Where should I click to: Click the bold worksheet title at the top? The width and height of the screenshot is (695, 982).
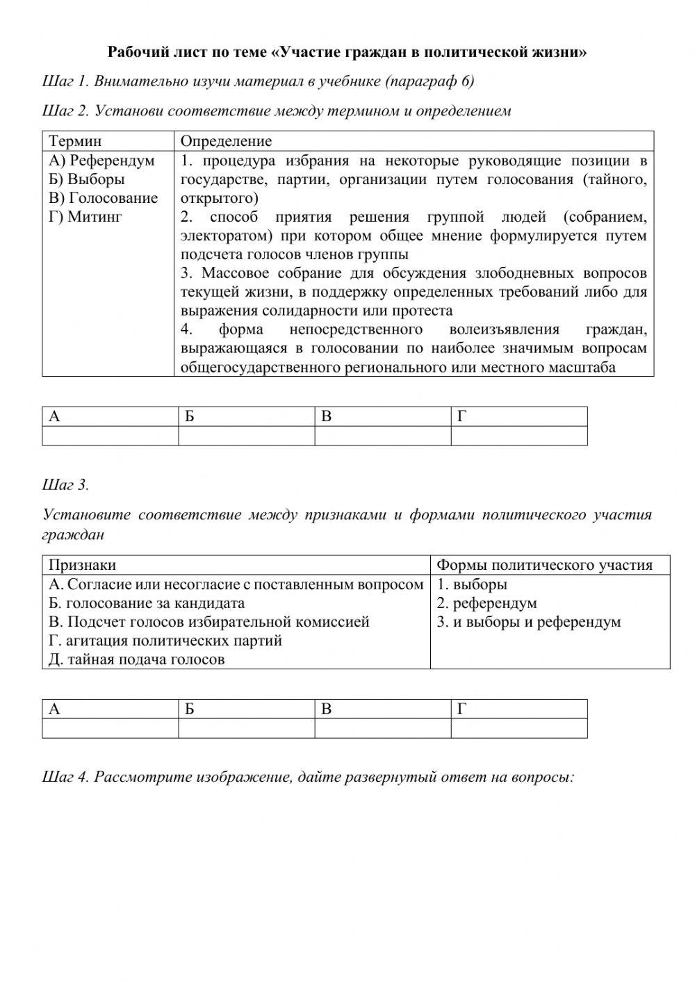click(x=347, y=52)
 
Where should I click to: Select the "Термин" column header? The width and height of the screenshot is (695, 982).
click(x=74, y=141)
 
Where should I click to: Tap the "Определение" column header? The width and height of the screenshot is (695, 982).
click(x=226, y=141)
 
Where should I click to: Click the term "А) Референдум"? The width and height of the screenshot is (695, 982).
click(x=101, y=161)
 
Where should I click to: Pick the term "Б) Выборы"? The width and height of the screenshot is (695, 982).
click(x=87, y=179)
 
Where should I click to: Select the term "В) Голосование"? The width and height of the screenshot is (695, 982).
click(x=104, y=198)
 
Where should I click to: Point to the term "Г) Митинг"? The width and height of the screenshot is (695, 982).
click(x=85, y=217)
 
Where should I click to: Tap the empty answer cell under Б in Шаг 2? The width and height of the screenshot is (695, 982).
click(x=246, y=436)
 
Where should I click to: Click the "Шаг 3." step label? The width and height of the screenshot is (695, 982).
click(x=65, y=484)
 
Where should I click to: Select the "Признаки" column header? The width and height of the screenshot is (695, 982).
click(x=82, y=565)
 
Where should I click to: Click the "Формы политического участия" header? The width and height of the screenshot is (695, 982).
click(x=544, y=565)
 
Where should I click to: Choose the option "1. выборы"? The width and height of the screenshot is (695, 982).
click(x=472, y=584)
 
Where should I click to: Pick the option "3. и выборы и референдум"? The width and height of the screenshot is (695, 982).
click(x=528, y=622)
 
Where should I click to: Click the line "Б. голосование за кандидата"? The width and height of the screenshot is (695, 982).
click(x=147, y=603)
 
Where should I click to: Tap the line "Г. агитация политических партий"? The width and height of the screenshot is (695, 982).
click(x=165, y=641)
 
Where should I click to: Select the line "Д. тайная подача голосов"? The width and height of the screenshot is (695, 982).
click(x=137, y=660)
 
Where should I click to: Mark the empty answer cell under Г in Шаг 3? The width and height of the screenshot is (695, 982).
click(x=518, y=728)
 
